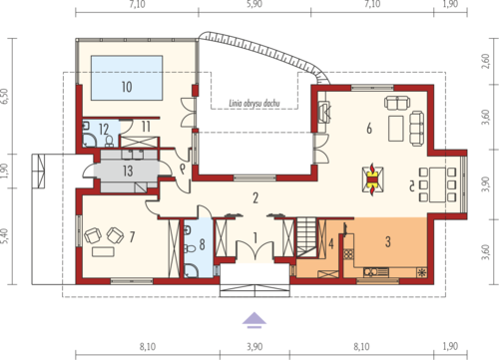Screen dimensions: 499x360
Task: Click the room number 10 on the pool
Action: click(x=127, y=87)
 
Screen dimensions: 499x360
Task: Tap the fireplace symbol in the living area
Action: click(x=372, y=180)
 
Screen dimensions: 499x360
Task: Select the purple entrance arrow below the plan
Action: click(x=254, y=320)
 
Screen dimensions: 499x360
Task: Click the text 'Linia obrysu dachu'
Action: click(x=254, y=104)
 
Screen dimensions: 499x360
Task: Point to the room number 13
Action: click(x=128, y=171)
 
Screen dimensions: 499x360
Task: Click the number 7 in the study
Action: click(x=132, y=236)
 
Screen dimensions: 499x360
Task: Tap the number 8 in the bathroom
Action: click(x=202, y=244)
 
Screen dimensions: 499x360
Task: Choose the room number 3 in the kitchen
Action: click(x=388, y=242)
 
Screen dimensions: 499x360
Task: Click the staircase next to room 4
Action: click(x=306, y=237)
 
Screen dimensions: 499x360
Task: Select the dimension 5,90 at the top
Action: click(x=254, y=4)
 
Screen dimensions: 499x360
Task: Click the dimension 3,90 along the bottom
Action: click(x=254, y=347)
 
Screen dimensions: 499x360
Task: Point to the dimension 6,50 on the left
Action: click(x=5, y=97)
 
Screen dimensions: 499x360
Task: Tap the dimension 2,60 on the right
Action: click(x=486, y=61)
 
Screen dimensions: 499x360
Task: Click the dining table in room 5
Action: click(x=437, y=184)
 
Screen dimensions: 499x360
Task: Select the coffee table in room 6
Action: click(x=396, y=128)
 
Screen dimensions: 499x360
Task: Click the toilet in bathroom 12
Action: click(x=109, y=142)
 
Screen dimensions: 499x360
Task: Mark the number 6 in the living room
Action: click(x=369, y=128)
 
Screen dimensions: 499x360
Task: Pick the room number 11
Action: click(x=146, y=127)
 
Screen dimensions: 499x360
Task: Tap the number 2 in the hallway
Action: click(x=255, y=198)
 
